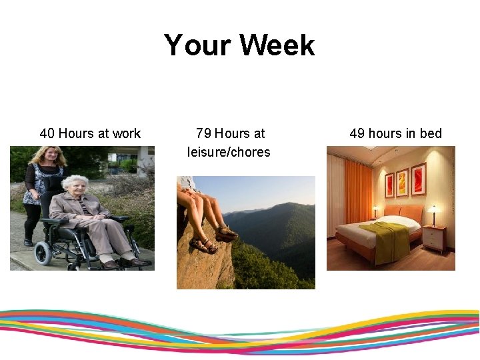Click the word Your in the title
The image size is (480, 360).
tap(198, 45)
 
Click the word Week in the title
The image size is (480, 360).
tap(277, 45)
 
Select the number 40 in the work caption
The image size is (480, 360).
tap(47, 133)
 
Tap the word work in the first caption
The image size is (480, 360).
tap(127, 133)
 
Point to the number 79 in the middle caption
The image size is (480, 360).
tap(203, 133)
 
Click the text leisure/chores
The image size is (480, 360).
tap(229, 152)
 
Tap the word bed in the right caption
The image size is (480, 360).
tap(430, 133)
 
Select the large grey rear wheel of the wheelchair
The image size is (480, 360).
tap(44, 253)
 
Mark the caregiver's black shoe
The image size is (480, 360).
tap(28, 243)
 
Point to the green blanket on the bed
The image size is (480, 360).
tap(385, 237)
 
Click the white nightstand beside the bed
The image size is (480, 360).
tap(435, 239)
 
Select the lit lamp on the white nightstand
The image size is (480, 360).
tap(434, 213)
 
